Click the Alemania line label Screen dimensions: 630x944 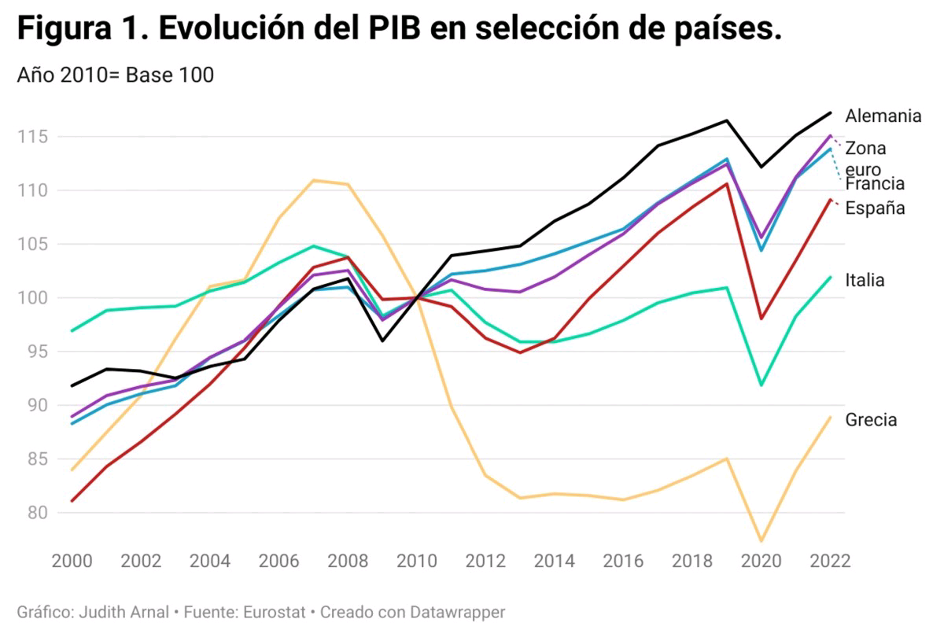click(x=883, y=116)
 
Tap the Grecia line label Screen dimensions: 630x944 click(x=871, y=420)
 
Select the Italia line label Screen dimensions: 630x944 click(x=865, y=280)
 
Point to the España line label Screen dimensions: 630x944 click(x=875, y=208)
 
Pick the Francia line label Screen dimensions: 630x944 click(x=875, y=184)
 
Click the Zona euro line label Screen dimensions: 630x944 click(x=865, y=158)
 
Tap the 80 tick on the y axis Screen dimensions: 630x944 click(x=36, y=513)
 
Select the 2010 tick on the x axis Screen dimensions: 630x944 click(x=417, y=562)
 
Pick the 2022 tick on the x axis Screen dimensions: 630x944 click(x=829, y=562)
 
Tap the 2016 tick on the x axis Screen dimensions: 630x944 click(x=624, y=562)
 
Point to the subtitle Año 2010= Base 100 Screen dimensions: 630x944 click(x=115, y=76)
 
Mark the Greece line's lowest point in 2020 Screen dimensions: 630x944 click(x=761, y=541)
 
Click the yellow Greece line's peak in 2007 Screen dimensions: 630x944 click(x=314, y=180)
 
